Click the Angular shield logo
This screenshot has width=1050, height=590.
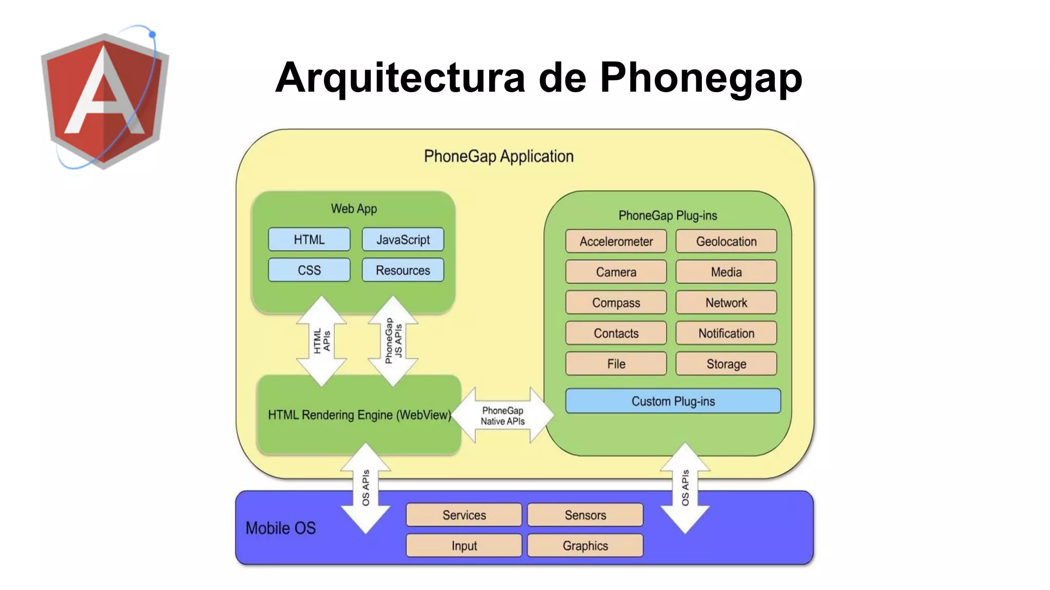[105, 100]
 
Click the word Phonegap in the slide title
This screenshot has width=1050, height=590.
[700, 78]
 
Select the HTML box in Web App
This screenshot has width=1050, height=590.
[309, 240]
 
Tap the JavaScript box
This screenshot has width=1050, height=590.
[403, 240]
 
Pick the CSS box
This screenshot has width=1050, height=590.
[309, 270]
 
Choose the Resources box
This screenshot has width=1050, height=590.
[403, 270]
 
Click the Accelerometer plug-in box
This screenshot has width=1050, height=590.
[616, 241]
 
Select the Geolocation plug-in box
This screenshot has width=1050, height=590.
[726, 241]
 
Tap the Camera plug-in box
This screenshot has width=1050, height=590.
[616, 272]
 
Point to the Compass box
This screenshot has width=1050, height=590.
[616, 303]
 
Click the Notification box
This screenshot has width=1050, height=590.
[726, 333]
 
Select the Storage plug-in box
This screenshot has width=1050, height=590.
[726, 364]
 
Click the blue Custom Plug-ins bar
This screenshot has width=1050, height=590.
[673, 401]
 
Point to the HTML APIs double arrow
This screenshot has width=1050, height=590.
[321, 341]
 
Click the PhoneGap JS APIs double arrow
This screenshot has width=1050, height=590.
[393, 341]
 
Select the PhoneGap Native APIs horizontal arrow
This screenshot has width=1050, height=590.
[502, 415]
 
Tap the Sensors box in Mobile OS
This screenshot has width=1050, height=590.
[585, 515]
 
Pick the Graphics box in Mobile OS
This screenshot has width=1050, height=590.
[585, 545]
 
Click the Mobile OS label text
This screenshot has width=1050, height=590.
[280, 528]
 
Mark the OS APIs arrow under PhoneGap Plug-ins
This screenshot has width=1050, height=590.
[685, 488]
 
